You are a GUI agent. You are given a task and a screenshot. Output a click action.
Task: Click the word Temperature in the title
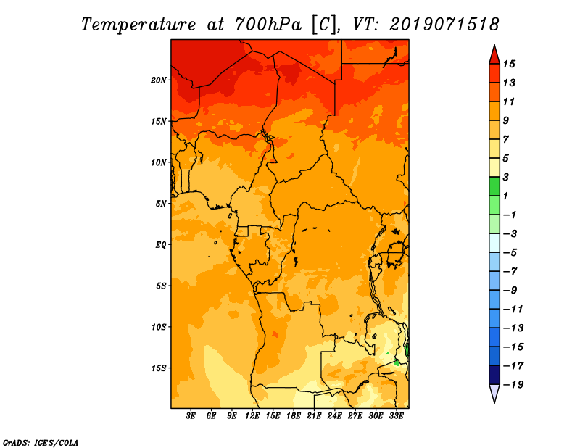click(x=138, y=25)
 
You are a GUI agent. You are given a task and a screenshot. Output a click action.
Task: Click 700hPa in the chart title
click(x=268, y=25)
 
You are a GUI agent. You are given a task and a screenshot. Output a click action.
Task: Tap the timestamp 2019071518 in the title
click(x=444, y=25)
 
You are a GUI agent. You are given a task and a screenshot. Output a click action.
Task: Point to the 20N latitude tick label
click(x=159, y=80)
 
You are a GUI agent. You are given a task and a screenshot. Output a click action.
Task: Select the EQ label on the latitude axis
click(x=160, y=245)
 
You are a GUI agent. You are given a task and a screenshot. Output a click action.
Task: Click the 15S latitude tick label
click(x=159, y=368)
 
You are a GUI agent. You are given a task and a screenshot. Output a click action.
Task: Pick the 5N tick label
click(x=161, y=204)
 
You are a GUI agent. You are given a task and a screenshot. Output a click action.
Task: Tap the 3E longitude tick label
click(x=191, y=415)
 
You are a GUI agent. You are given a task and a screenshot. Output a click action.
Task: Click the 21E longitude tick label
click(x=314, y=415)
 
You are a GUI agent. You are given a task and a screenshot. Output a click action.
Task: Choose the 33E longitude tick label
click(x=396, y=415)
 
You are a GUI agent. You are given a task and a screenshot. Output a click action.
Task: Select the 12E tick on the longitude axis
click(x=252, y=415)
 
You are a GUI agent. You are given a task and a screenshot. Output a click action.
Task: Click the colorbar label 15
click(x=509, y=64)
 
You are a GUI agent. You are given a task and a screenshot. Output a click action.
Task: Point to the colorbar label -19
click(x=513, y=385)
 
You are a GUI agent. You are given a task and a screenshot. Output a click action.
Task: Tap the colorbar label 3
click(x=506, y=177)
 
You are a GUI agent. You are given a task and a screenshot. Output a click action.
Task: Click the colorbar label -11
click(x=513, y=310)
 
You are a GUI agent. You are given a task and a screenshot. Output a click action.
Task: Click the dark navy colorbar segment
click(x=494, y=375)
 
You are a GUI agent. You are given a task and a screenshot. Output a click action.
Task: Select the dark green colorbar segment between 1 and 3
click(x=494, y=186)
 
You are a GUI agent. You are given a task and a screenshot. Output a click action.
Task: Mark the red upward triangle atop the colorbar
click(x=494, y=54)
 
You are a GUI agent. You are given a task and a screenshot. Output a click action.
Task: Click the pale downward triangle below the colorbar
click(x=494, y=394)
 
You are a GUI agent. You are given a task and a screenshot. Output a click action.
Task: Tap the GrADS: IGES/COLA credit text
click(x=41, y=443)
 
